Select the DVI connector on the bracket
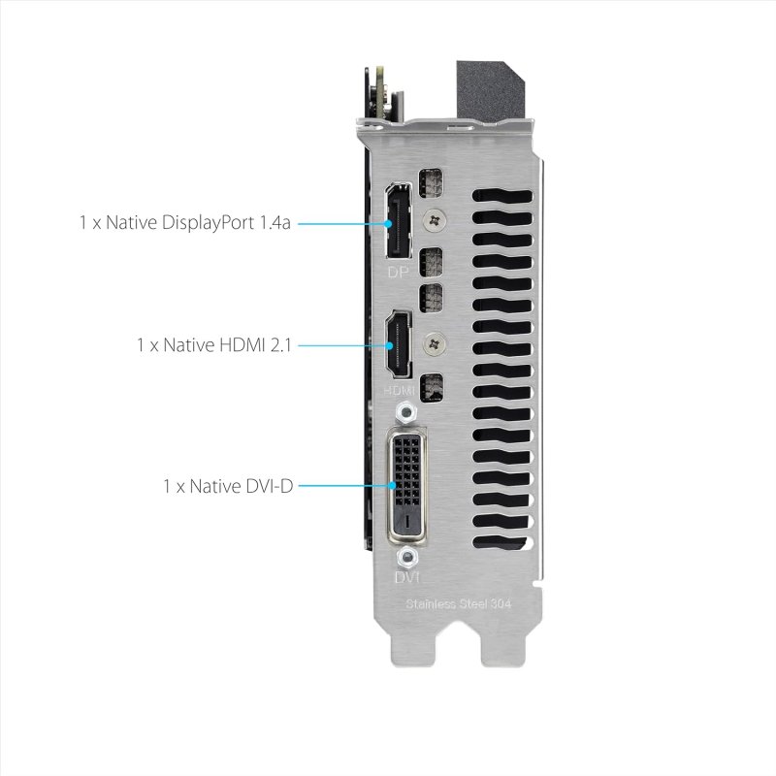pyautogui.click(x=407, y=481)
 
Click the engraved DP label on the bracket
pyautogui.click(x=398, y=273)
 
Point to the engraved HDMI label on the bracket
pyautogui.click(x=399, y=389)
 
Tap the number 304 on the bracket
pyautogui.click(x=500, y=604)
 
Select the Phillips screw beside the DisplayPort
pyautogui.click(x=438, y=221)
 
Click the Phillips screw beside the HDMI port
pyautogui.click(x=438, y=341)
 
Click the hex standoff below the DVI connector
pyautogui.click(x=408, y=557)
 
